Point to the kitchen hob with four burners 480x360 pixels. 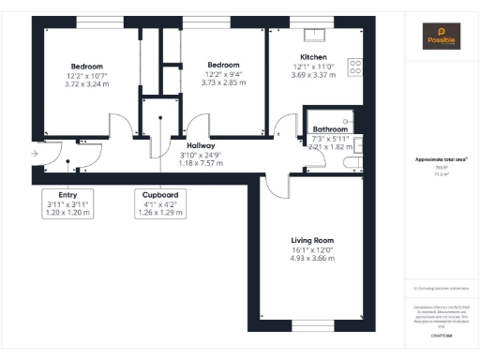tap(355, 67)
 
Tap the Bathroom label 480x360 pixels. tap(331, 129)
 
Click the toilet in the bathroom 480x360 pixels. tap(351, 163)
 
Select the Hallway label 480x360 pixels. tap(201, 146)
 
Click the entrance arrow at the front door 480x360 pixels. tap(35, 153)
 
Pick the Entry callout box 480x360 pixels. tap(67, 203)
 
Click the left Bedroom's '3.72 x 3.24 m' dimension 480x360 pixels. tap(87, 82)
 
